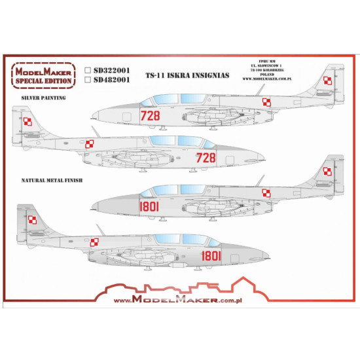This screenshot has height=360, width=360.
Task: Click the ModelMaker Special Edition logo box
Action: coord(47,76)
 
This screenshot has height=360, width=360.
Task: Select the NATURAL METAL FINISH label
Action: coord(54,178)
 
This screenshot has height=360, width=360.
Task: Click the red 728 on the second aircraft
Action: coord(206,157)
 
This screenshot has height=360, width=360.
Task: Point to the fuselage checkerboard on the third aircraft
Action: coord(266,192)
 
